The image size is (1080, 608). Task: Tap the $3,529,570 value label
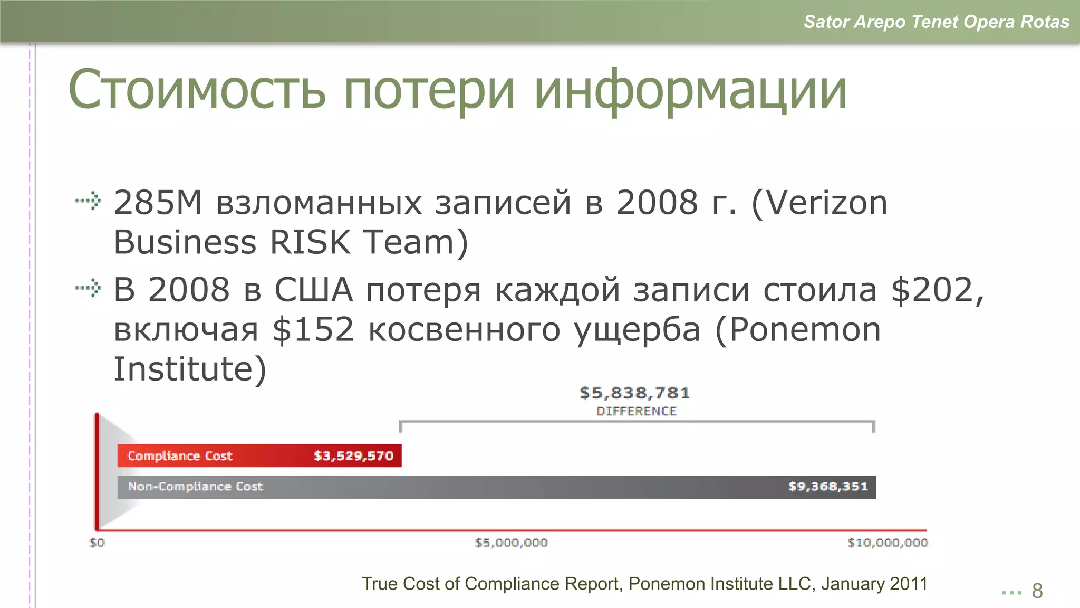click(353, 456)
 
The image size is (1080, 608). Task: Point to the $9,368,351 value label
click(827, 487)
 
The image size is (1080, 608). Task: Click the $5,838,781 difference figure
click(634, 393)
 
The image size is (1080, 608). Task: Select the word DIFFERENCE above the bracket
click(637, 412)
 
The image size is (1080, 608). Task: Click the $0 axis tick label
click(97, 543)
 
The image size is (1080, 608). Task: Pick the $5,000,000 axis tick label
click(511, 543)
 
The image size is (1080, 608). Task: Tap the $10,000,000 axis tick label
click(888, 543)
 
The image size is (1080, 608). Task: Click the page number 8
click(1037, 591)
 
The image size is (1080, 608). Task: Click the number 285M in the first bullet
click(158, 203)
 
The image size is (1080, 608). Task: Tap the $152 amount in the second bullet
click(313, 330)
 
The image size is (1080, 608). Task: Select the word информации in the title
click(690, 90)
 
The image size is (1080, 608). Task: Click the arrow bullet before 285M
click(88, 201)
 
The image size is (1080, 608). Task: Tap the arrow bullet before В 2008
click(88, 288)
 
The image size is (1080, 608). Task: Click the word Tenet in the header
click(934, 22)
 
